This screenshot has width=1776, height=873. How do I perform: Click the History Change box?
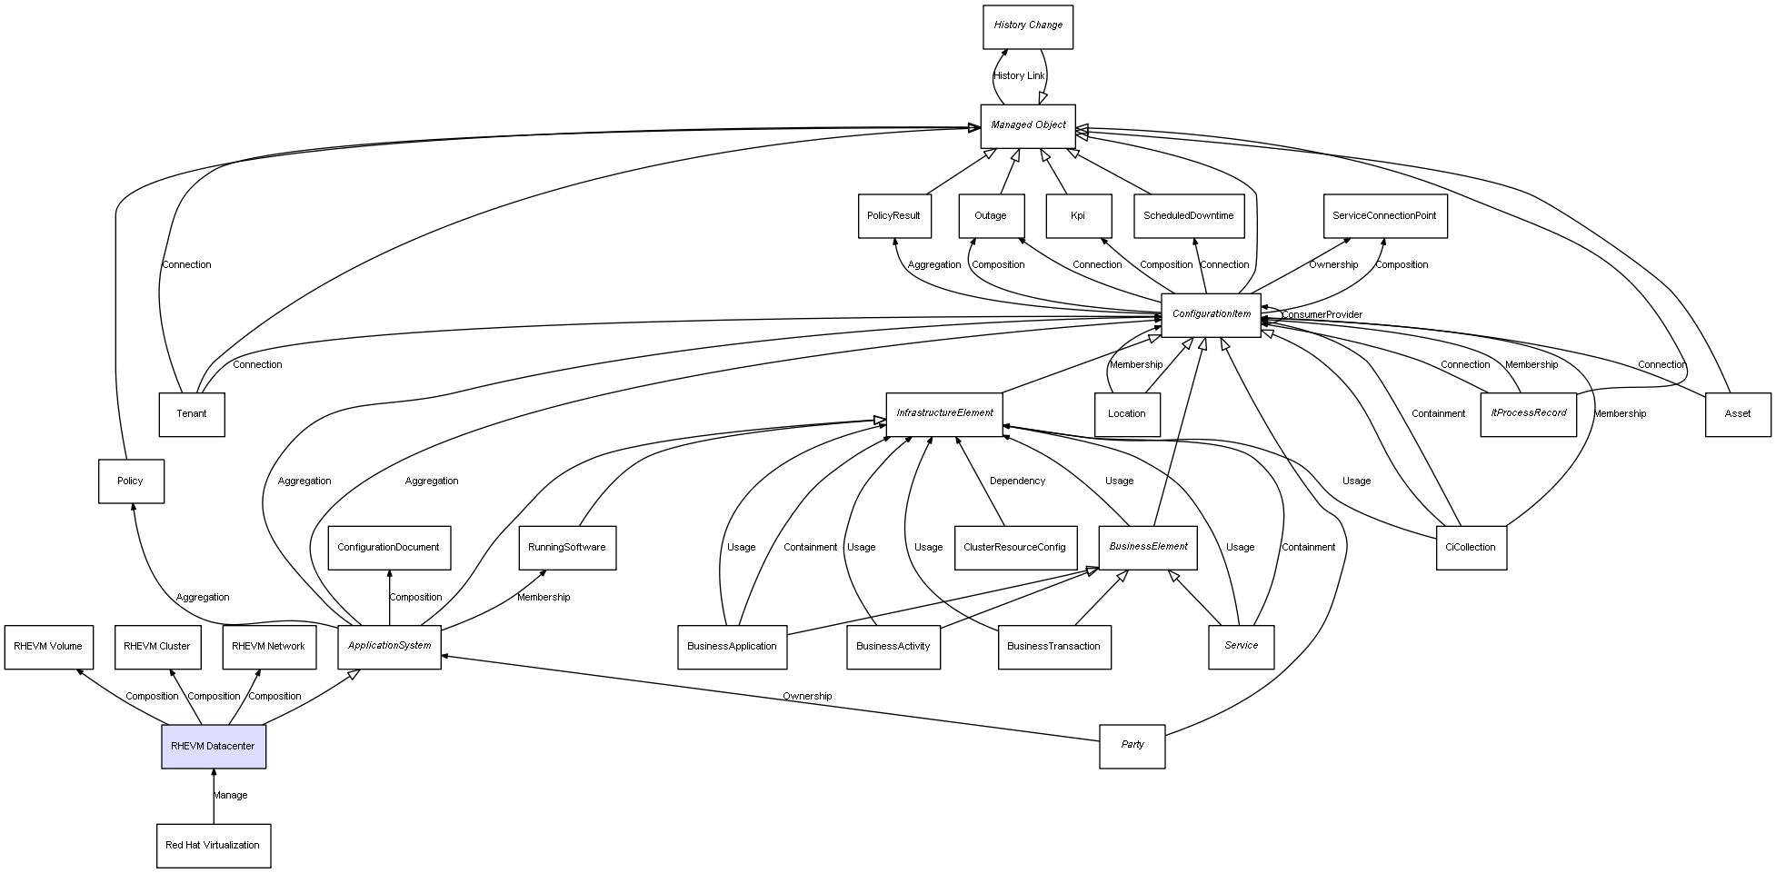(1028, 26)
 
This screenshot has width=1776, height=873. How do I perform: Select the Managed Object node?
(1028, 125)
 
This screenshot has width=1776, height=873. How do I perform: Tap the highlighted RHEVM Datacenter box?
(214, 746)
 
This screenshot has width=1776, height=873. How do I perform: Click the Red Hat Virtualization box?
(213, 845)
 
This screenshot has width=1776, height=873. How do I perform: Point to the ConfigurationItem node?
(1211, 314)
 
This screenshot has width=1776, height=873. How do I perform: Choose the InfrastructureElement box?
(944, 413)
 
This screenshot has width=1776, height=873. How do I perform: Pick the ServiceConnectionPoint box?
(1384, 216)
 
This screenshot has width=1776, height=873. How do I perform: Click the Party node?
(1132, 745)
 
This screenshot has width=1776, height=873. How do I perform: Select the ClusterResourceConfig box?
(1014, 547)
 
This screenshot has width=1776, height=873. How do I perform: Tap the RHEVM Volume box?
(48, 647)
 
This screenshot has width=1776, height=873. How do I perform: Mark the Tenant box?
(191, 414)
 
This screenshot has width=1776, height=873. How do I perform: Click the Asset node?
(1737, 414)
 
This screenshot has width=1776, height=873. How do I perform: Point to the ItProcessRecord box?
(1528, 413)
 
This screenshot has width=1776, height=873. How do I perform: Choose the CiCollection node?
(1470, 547)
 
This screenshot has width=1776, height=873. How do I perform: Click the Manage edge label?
(230, 795)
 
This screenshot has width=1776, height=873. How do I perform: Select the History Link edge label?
(1019, 76)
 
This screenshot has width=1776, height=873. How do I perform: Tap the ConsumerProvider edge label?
(1322, 314)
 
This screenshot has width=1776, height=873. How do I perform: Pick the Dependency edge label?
(1017, 481)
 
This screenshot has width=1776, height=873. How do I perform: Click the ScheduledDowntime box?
(1188, 216)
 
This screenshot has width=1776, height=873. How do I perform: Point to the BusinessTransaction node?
(1053, 647)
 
